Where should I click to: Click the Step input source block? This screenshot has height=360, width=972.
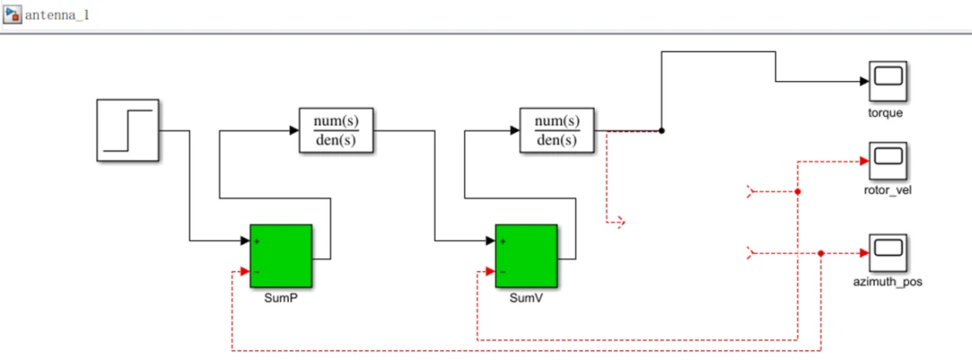pyautogui.click(x=128, y=130)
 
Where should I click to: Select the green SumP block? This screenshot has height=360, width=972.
pyautogui.click(x=281, y=256)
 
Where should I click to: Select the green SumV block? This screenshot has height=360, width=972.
pyautogui.click(x=526, y=256)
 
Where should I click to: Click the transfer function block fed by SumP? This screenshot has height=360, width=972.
pyautogui.click(x=336, y=130)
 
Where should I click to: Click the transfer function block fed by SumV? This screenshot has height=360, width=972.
pyautogui.click(x=557, y=130)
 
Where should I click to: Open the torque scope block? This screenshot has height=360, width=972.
pyautogui.click(x=886, y=82)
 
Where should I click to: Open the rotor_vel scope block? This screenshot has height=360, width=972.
pyautogui.click(x=886, y=161)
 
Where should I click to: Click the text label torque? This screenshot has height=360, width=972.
pyautogui.click(x=886, y=113)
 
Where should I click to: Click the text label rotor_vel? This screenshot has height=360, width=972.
pyautogui.click(x=886, y=190)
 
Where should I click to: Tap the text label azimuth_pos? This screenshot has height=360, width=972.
pyautogui.click(x=886, y=283)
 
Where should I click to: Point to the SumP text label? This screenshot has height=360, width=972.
pyautogui.click(x=281, y=298)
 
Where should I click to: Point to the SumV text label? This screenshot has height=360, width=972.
pyautogui.click(x=526, y=298)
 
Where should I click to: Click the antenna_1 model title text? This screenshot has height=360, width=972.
pyautogui.click(x=57, y=15)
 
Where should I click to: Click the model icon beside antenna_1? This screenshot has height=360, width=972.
pyautogui.click(x=13, y=14)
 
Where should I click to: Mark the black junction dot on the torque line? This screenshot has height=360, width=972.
pyautogui.click(x=662, y=130)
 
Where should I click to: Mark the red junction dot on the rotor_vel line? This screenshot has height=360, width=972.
pyautogui.click(x=797, y=192)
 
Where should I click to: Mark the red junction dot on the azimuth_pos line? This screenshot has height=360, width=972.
pyautogui.click(x=822, y=253)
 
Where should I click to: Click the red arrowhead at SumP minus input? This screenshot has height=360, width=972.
pyautogui.click(x=244, y=271)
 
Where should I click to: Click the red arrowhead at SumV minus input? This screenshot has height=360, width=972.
pyautogui.click(x=490, y=271)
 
